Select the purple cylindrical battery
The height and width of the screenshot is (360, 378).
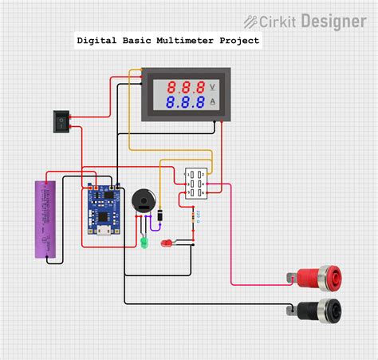(43, 220)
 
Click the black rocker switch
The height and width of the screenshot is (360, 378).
(61, 121)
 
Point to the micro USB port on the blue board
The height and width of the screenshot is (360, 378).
(103, 232)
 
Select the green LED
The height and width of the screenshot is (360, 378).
(144, 239)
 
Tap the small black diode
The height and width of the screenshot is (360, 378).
(162, 215)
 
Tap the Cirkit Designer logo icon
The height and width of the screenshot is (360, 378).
(254, 22)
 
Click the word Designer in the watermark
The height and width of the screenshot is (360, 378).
(334, 22)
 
